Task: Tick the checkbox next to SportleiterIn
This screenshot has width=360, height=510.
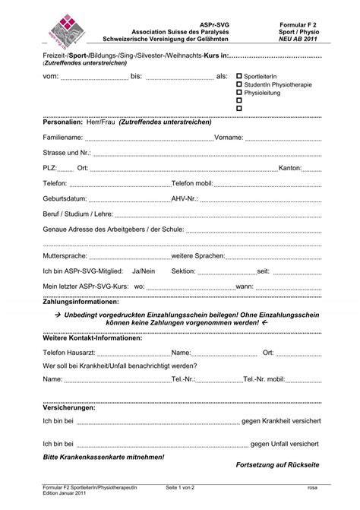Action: (239, 77)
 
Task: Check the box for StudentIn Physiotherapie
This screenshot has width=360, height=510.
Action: (239, 84)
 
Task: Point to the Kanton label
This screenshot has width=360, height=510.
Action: (291, 168)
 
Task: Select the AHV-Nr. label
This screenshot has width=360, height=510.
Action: (185, 199)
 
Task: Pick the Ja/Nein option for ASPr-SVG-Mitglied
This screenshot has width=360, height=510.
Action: (144, 271)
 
